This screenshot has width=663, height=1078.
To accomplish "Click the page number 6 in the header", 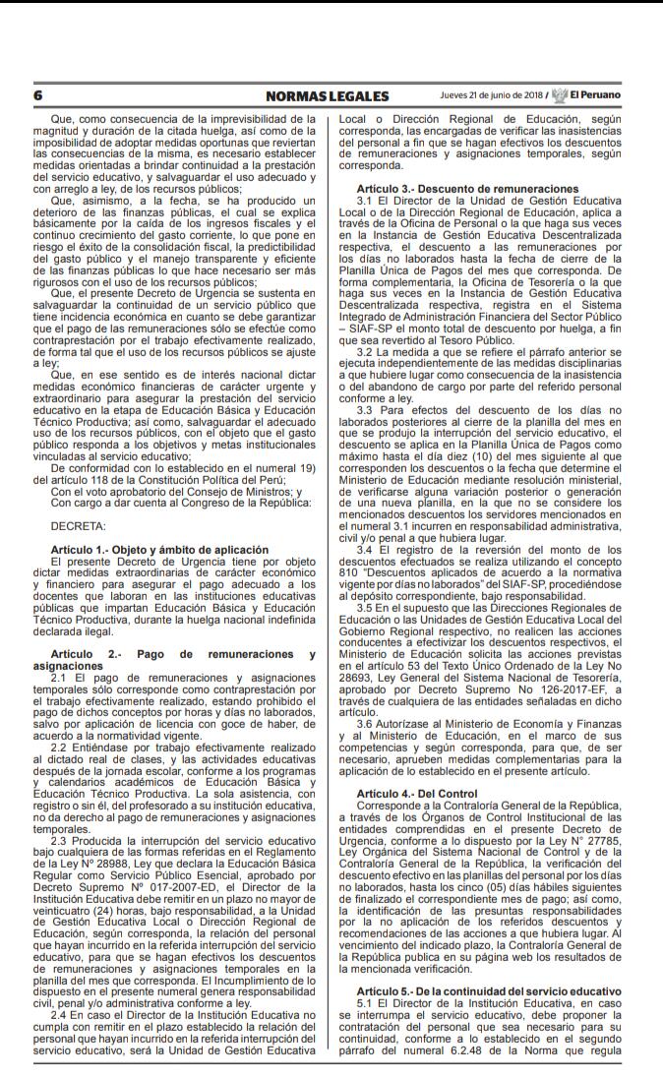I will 37,96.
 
